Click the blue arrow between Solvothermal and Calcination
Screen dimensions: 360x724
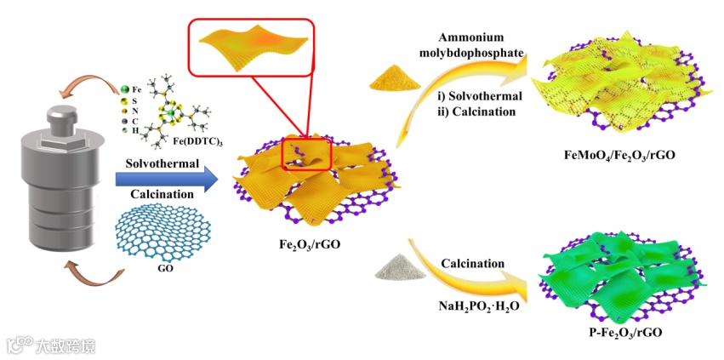tap(162, 179)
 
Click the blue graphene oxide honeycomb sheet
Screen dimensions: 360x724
tap(162, 230)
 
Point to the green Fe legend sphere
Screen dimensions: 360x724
tap(124, 89)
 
